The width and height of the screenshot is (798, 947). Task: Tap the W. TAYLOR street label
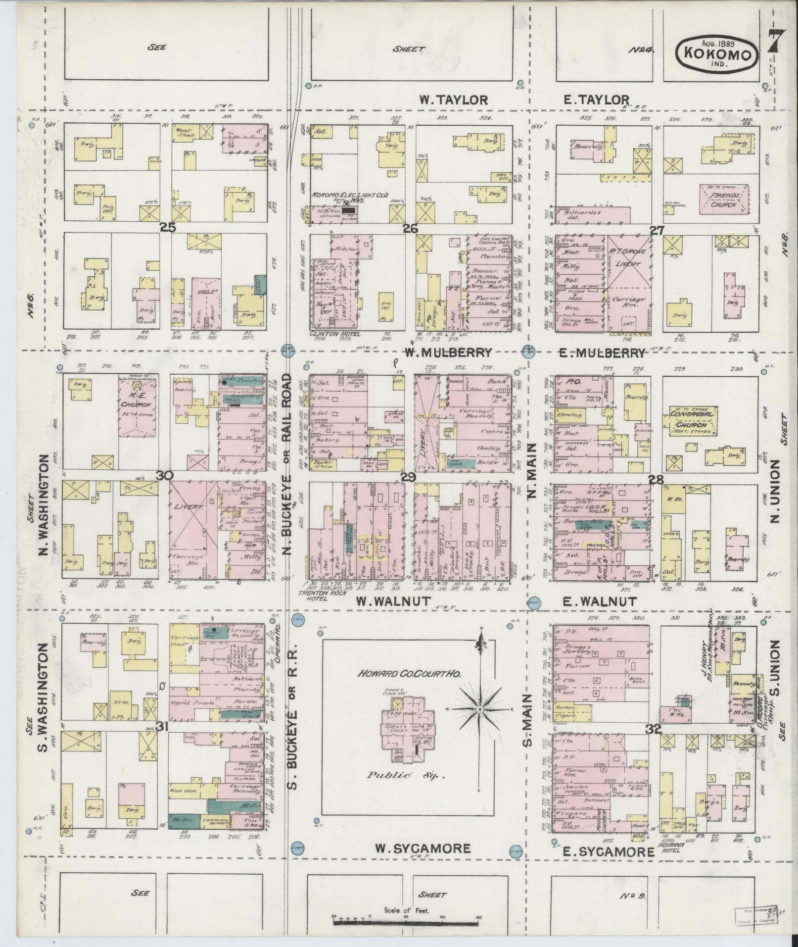click(x=454, y=100)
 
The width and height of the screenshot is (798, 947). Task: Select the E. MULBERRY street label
click(x=602, y=353)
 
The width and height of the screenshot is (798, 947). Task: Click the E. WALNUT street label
click(x=600, y=601)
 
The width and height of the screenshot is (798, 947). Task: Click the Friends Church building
click(x=724, y=199)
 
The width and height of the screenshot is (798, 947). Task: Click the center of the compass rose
click(x=479, y=709)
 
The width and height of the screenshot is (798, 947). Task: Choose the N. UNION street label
click(x=774, y=491)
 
